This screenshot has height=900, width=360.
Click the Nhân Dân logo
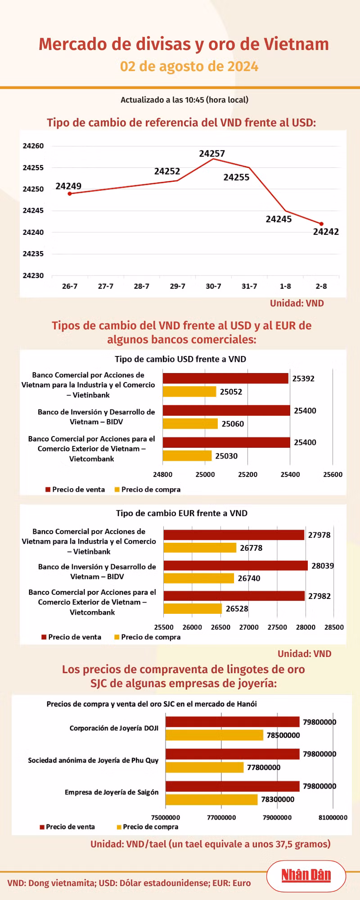pyautogui.click(x=306, y=875)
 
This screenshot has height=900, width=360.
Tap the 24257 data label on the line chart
pyautogui.click(x=212, y=153)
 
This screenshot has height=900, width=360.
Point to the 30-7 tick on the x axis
pyautogui.click(x=213, y=286)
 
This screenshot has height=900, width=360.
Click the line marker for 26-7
pyautogui.click(x=70, y=193)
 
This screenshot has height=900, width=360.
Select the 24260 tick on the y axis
pyautogui.click(x=33, y=146)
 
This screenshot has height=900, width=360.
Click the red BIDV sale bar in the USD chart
pyautogui.click(x=226, y=410)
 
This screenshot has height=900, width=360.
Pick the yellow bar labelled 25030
pyautogui.click(x=187, y=456)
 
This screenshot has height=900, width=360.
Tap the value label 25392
pyautogui.click(x=303, y=378)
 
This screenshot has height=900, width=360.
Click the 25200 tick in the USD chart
pyautogui.click(x=248, y=474)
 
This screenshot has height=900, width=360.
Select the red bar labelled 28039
pyautogui.click(x=236, y=566)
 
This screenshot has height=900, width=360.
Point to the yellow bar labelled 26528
pyautogui.click(x=193, y=609)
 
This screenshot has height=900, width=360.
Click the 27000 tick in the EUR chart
pyautogui.click(x=249, y=627)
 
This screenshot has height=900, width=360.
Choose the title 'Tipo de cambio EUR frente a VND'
pyautogui.click(x=182, y=513)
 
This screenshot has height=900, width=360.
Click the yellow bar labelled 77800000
pyautogui.click(x=205, y=767)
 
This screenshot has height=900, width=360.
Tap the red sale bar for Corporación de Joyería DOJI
pyautogui.click(x=233, y=722)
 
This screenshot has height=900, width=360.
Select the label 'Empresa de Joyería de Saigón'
pyautogui.click(x=112, y=792)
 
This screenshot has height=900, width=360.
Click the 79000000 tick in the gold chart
pyautogui.click(x=277, y=817)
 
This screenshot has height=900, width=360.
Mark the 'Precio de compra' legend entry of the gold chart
pyautogui.click(x=148, y=827)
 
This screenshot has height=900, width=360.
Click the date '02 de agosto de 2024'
pyautogui.click(x=189, y=66)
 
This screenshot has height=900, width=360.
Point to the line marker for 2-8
pyautogui.click(x=321, y=224)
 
